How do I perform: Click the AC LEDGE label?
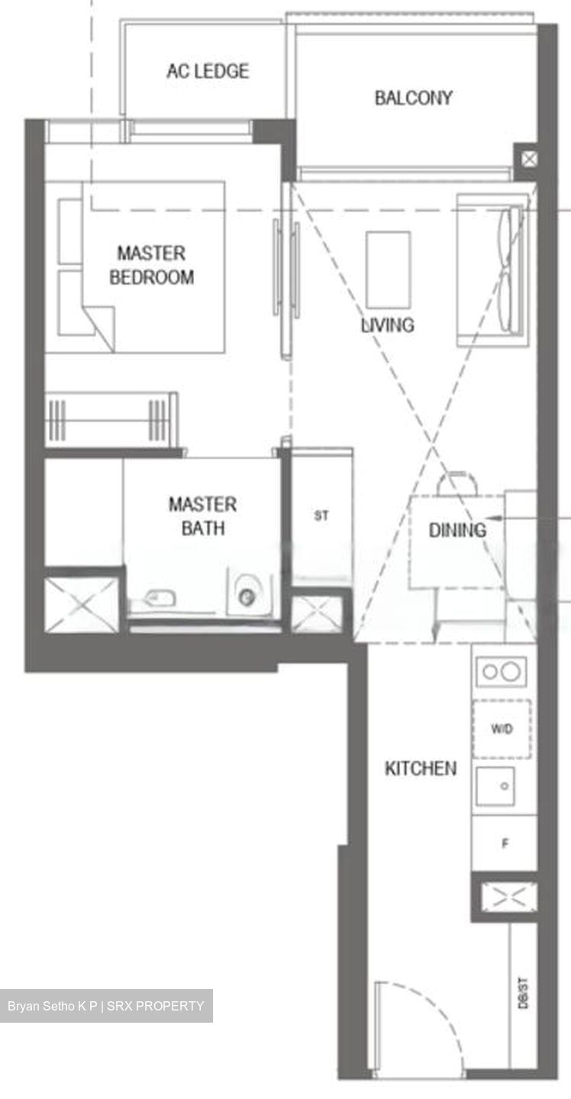[208, 71]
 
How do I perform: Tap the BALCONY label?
[413, 98]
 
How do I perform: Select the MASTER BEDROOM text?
[151, 265]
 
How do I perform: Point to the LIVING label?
[388, 324]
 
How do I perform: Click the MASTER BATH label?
[202, 515]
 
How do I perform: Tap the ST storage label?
[321, 516]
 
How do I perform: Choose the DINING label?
[456, 530]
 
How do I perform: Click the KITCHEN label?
[421, 768]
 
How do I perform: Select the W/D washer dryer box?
[502, 729]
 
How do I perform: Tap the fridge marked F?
[505, 844]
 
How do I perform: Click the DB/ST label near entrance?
[524, 992]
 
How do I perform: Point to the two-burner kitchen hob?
[502, 672]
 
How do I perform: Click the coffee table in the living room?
[388, 269]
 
